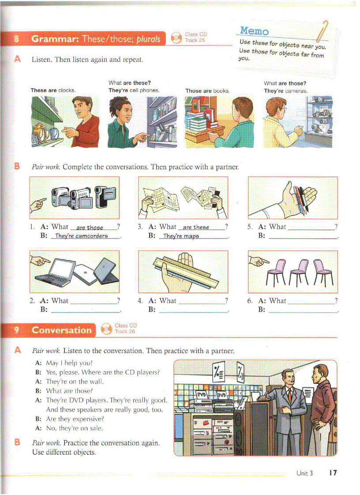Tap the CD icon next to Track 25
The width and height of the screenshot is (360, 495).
pos(176,38)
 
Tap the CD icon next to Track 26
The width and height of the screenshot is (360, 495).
pos(106,329)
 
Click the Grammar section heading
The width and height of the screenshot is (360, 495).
pos(95,39)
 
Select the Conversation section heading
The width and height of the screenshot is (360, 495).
pos(61,330)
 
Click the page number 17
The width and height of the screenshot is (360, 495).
pos(333,473)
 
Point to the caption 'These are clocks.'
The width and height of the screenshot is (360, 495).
pos(53,90)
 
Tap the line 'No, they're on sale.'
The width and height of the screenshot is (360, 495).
pos(75,428)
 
